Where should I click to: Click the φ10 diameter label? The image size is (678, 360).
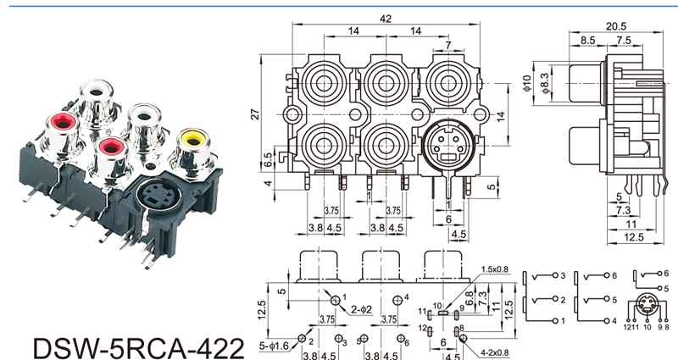(x=526, y=82)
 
